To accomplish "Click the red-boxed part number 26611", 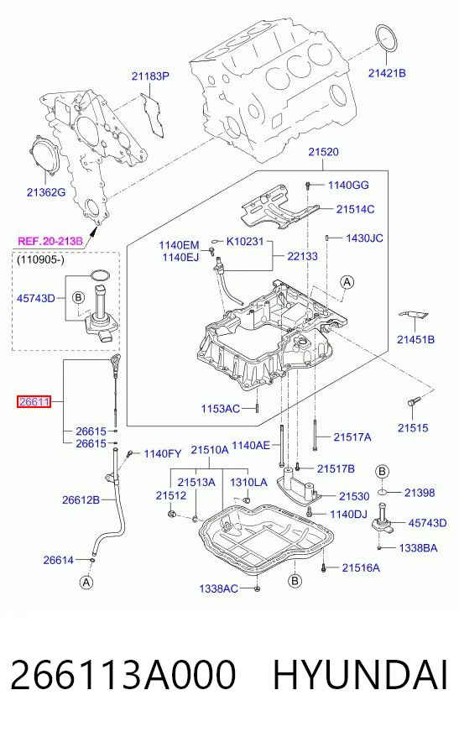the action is click(x=34, y=401).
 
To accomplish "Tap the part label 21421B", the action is click(x=387, y=73).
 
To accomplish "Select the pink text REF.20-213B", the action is click(x=50, y=241).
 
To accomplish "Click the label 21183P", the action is click(x=149, y=76).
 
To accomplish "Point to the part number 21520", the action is click(x=323, y=152).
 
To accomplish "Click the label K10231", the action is click(x=245, y=242).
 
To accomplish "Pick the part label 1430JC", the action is click(x=364, y=238).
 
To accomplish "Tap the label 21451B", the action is click(x=415, y=340).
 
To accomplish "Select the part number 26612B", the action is click(x=81, y=500).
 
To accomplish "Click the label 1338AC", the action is click(x=218, y=588).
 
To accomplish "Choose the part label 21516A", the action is click(x=361, y=567).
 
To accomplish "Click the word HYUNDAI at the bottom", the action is click(x=360, y=675).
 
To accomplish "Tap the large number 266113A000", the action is click(x=123, y=675).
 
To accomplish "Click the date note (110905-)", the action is click(x=40, y=259).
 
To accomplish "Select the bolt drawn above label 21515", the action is click(x=414, y=400).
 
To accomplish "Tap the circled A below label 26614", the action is click(x=86, y=582).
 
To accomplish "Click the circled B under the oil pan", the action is click(x=295, y=581).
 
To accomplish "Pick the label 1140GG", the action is click(x=348, y=185).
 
